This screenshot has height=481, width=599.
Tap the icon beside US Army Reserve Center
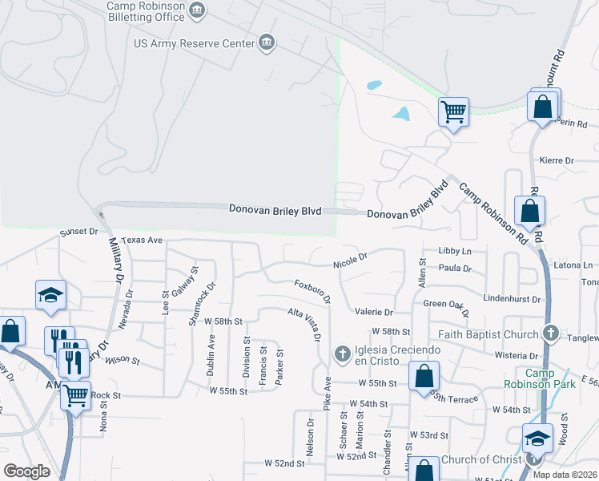267,42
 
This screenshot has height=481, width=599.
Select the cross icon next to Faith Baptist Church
549,333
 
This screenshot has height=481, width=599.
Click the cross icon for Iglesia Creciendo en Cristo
342,353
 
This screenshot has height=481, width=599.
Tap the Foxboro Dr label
312,290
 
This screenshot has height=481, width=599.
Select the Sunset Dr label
78,232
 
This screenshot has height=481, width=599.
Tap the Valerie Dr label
374,312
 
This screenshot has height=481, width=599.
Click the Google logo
26,471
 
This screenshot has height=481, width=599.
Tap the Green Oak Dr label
446,304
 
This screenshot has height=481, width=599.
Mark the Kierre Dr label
557,160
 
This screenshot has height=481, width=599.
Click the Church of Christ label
480,459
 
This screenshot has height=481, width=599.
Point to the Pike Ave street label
328,393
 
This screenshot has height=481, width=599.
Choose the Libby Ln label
455,251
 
